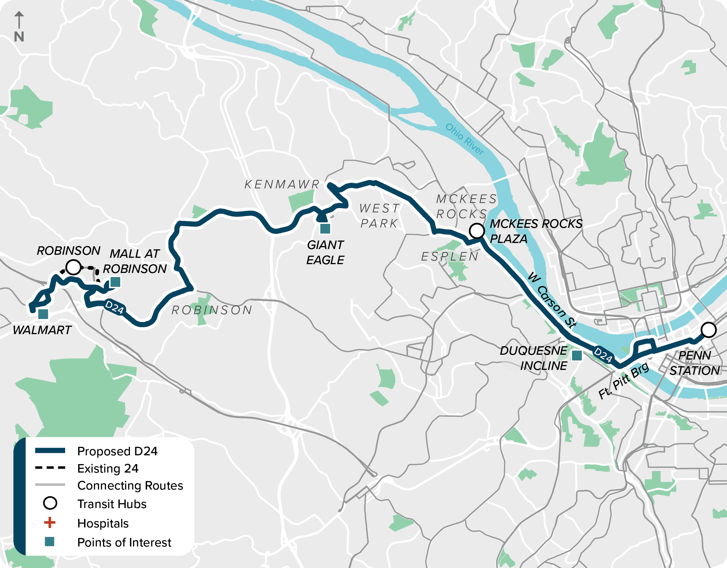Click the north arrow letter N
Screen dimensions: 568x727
[x=19, y=37]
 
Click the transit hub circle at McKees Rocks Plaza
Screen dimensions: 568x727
[x=477, y=231]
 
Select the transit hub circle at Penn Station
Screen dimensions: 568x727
[x=708, y=330]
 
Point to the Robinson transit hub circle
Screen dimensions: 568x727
[x=73, y=267]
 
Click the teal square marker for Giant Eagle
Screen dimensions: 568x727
[x=325, y=229]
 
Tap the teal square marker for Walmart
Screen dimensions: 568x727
[x=43, y=314]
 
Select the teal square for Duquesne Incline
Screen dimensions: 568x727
[x=576, y=356]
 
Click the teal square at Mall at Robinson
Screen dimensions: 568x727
[x=115, y=282]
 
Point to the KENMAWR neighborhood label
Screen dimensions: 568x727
[x=282, y=184]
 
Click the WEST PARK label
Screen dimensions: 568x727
[x=380, y=216]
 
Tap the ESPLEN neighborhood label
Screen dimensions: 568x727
[x=450, y=257]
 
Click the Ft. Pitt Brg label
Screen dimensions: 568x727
[x=623, y=380]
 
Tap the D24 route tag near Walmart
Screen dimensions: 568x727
[x=114, y=307]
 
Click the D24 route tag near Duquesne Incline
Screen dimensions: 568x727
[x=603, y=355]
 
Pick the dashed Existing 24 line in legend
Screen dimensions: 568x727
[x=50, y=468]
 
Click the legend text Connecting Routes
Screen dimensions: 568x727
[x=130, y=485]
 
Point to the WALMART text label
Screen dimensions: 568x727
[x=42, y=330]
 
